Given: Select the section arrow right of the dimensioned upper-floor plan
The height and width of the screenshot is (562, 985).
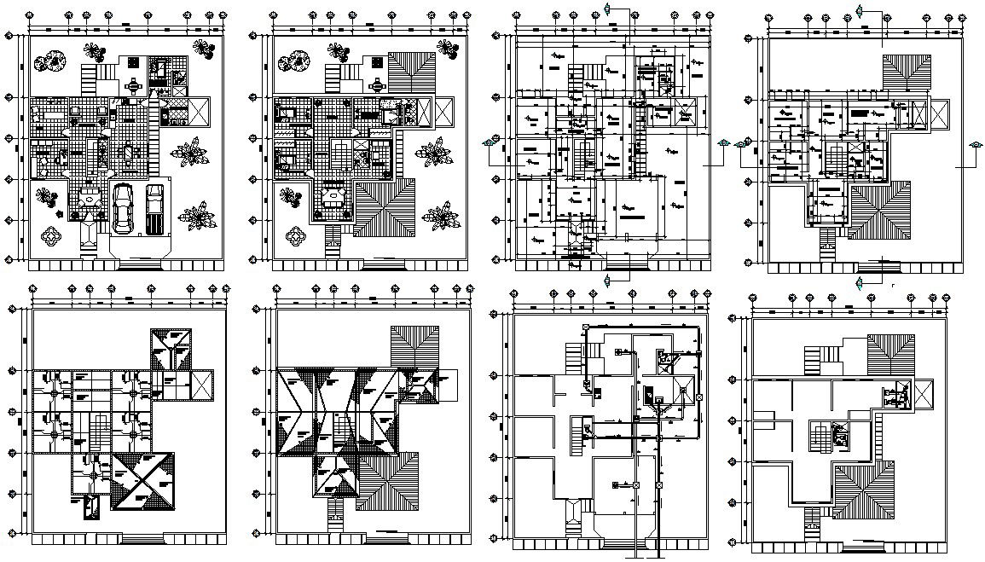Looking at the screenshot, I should pyautogui.click(x=972, y=146).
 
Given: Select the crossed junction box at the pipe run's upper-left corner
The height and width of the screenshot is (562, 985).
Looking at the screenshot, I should pyautogui.click(x=585, y=327).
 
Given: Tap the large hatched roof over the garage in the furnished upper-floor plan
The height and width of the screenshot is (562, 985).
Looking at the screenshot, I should pyautogui.click(x=384, y=210).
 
